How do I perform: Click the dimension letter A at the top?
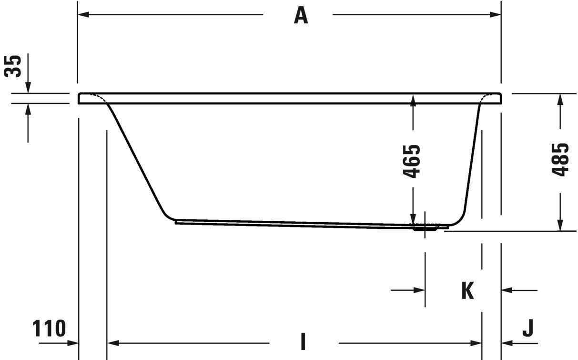coord(301,15)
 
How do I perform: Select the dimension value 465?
coord(413,161)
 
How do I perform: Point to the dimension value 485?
coord(560,160)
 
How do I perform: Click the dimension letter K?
coord(467,290)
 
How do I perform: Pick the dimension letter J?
coord(527,328)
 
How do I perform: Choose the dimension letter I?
coord(303,342)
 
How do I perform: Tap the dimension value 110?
coord(49,329)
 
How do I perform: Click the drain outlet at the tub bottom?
coord(425,227)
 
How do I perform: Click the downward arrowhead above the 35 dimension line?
coord(28,87)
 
